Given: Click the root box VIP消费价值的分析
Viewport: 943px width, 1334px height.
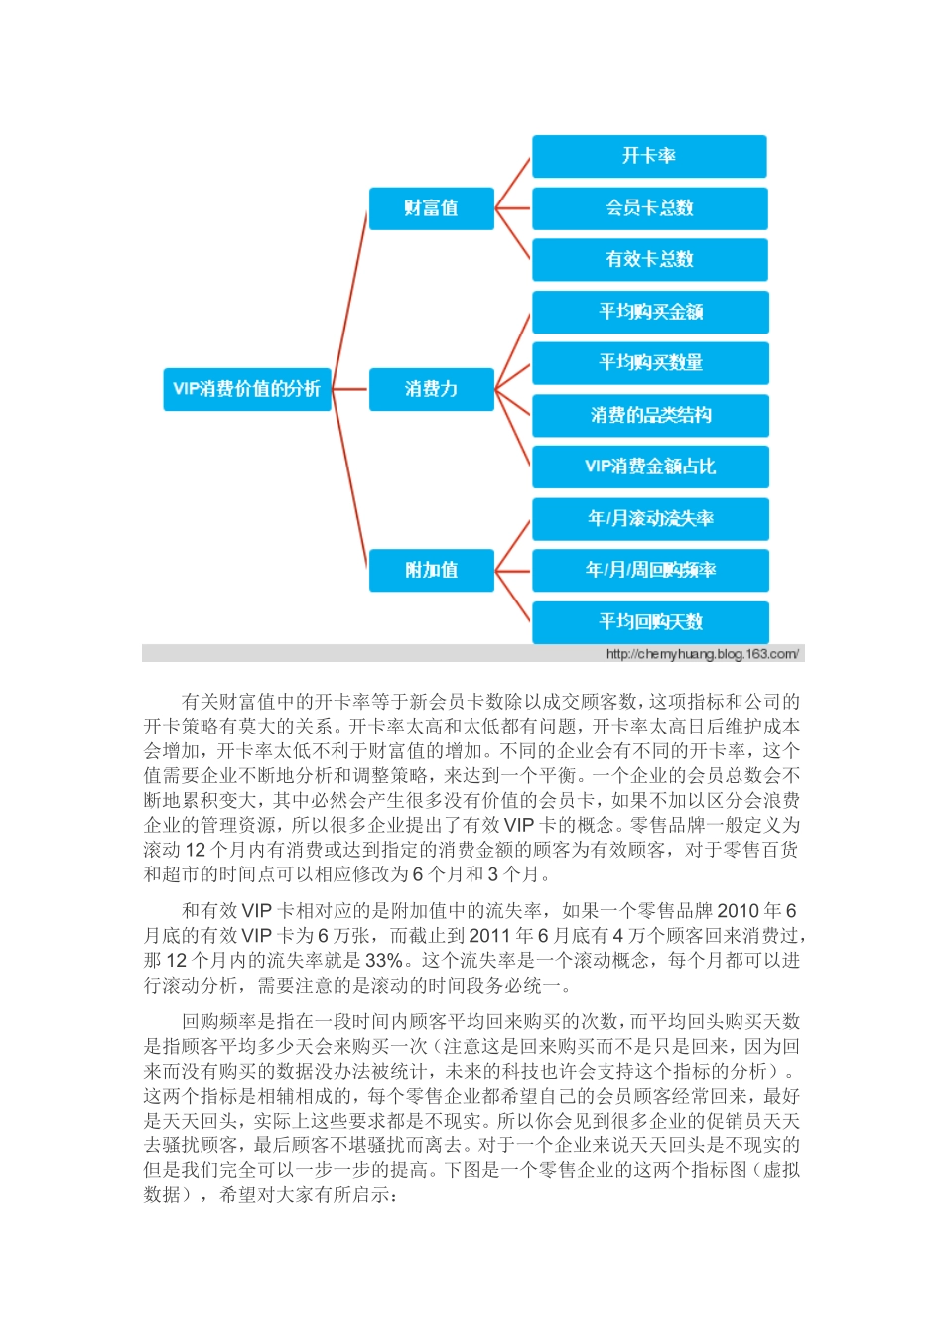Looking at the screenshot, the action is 246,388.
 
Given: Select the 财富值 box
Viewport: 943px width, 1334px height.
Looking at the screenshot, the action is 431,207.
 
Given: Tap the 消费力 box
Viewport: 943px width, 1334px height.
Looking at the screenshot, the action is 431,388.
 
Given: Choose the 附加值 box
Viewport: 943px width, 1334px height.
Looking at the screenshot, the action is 431,570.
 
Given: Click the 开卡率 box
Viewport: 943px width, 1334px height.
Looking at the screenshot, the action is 649,156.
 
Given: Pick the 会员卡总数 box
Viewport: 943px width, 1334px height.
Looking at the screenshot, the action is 649,207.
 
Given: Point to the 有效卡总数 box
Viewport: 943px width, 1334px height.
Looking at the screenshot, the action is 649,259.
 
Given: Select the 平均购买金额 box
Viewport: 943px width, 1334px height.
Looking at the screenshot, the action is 649,312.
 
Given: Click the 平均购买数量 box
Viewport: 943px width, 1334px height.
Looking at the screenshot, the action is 649,363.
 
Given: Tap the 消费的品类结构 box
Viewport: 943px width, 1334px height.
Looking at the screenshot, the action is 649,415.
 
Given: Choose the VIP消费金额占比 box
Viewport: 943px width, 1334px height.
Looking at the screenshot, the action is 649,467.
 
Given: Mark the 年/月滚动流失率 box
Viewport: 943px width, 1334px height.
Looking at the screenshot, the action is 649,518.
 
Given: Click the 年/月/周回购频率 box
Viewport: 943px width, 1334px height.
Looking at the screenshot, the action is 649,570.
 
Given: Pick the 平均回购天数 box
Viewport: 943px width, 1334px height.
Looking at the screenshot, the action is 649,621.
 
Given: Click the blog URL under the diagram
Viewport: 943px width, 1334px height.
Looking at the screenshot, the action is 702,654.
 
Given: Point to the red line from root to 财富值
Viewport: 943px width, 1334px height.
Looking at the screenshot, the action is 349,298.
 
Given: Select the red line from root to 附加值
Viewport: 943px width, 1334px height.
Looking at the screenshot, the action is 349,478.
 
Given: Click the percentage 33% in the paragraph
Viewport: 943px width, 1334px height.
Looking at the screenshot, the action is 384,960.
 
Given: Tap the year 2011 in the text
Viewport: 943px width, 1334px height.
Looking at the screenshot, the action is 488,935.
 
